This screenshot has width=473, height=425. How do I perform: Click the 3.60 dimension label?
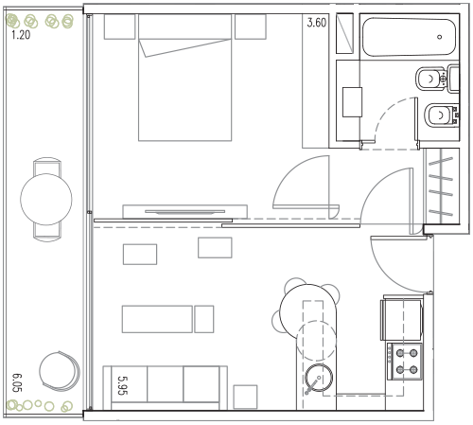tap(317, 23)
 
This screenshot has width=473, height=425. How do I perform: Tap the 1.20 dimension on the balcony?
tap(21, 35)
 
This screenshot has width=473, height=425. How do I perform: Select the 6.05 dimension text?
tap(17, 382)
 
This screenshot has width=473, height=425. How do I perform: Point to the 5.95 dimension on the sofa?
tap(122, 385)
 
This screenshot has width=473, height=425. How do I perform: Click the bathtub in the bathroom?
tap(409, 37)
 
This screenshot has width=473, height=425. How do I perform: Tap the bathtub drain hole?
tap(439, 37)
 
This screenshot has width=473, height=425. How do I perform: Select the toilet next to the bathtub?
tap(437, 79)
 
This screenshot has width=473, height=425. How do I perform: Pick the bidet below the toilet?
tap(441, 115)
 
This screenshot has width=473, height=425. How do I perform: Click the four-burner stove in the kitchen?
tap(406, 362)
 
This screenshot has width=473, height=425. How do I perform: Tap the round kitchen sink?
tap(319, 378)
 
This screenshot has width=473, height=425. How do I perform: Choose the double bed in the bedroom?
tap(185, 78)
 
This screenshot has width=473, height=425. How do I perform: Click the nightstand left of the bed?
tap(119, 27)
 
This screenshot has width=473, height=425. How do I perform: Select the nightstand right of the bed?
tap(251, 27)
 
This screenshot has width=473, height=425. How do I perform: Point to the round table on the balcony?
tap(46, 199)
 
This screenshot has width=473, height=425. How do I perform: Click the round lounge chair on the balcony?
tap(60, 371)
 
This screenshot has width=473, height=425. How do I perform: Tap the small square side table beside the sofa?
tap(245, 397)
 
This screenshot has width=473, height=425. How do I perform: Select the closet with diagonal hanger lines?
tap(441, 186)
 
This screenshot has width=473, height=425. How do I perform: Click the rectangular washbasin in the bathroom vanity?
tap(352, 102)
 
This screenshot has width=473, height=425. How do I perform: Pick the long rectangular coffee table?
tap(157, 319)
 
